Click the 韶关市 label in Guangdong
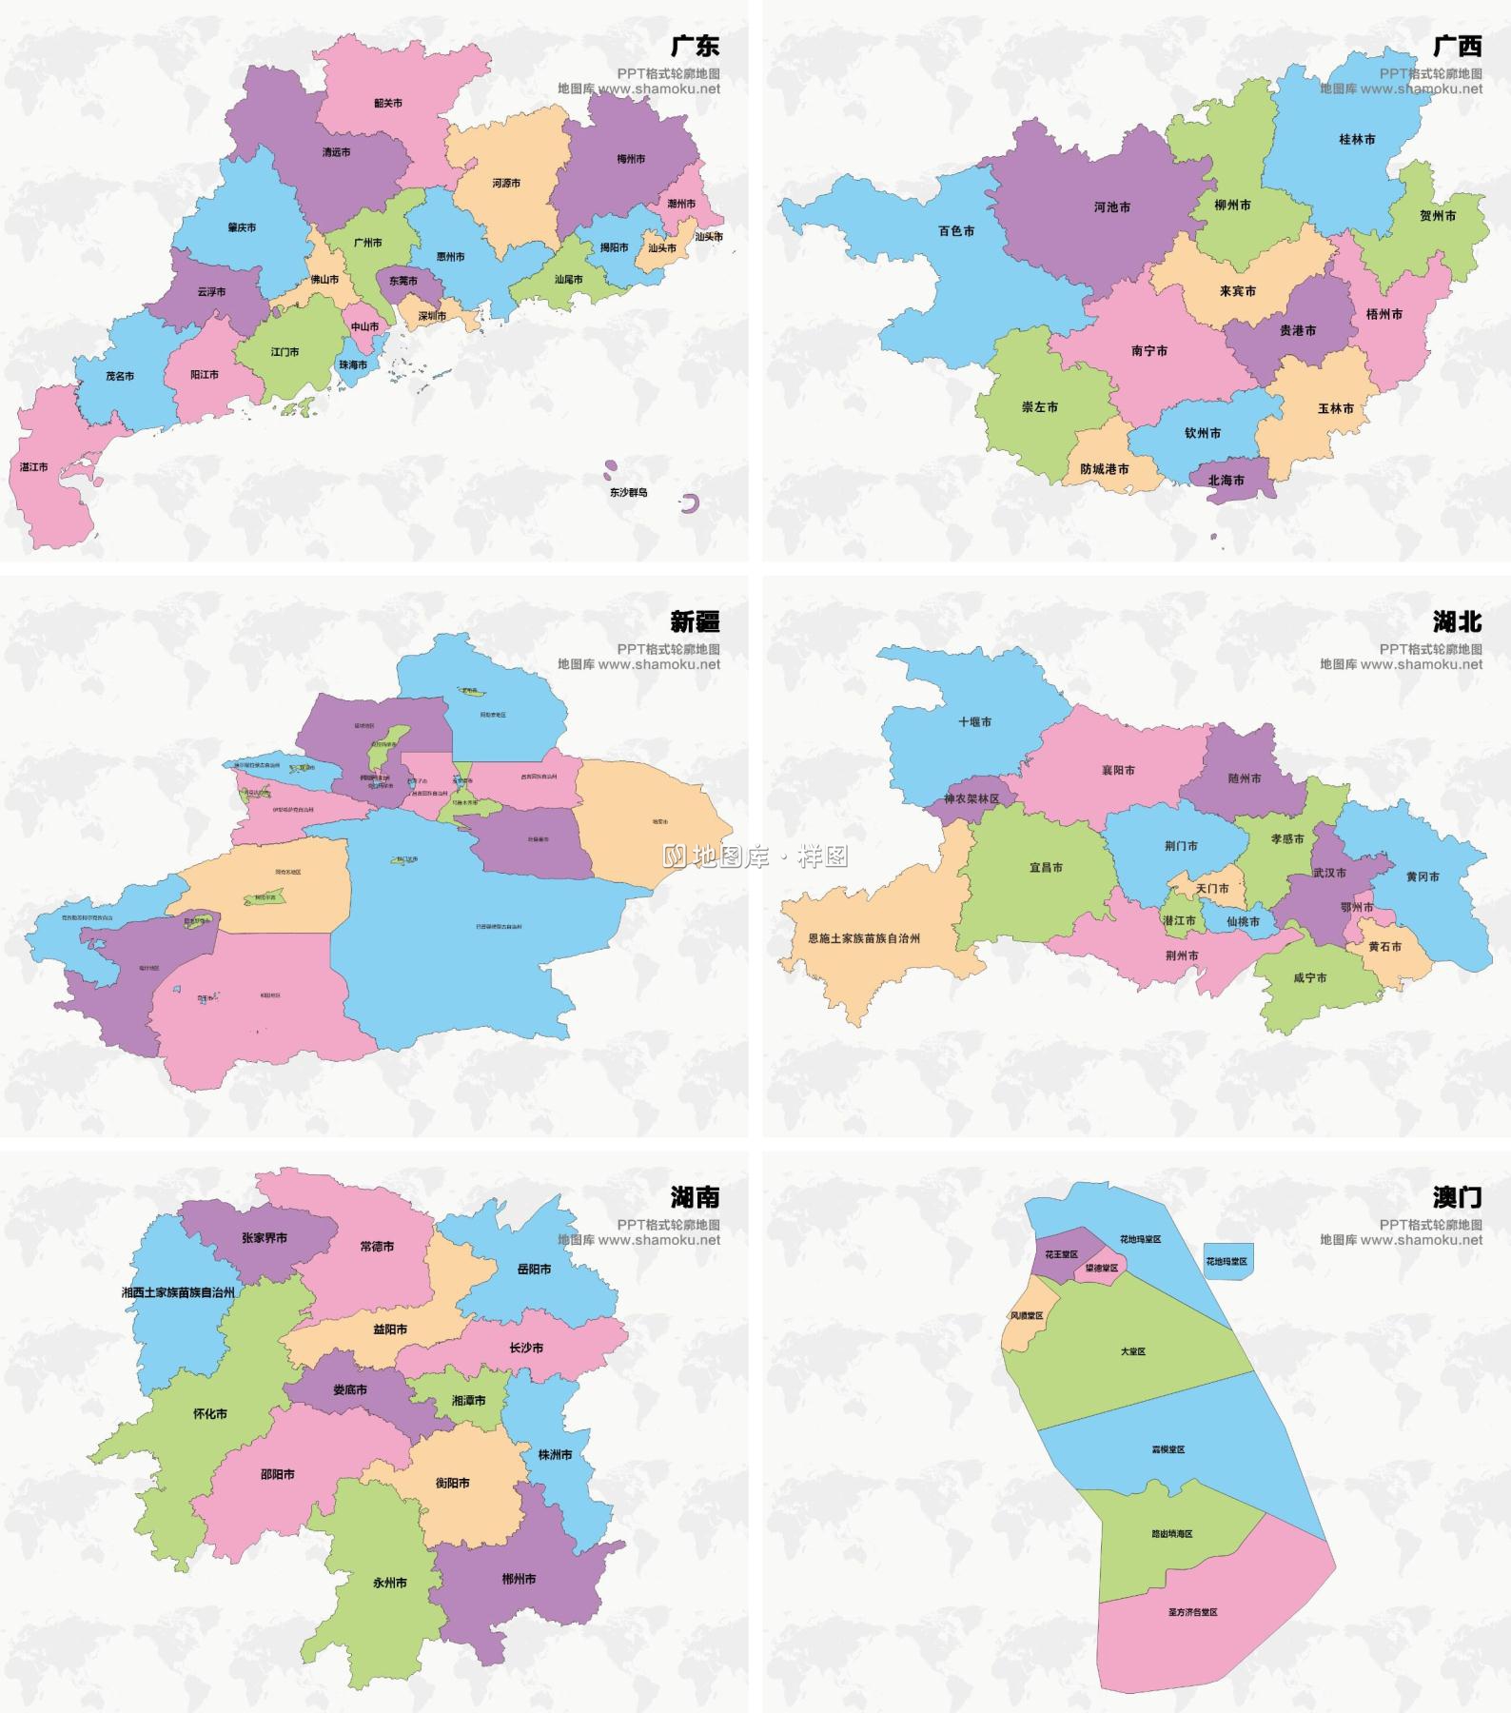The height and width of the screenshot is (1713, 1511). tap(388, 103)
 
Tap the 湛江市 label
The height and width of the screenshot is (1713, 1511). tap(34, 467)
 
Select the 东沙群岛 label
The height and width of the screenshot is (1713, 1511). tap(629, 492)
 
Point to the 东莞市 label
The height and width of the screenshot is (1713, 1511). tap(403, 281)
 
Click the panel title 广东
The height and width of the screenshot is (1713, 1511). tap(695, 46)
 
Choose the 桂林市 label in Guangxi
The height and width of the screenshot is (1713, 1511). tap(1357, 139)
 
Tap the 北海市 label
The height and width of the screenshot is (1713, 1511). tap(1226, 480)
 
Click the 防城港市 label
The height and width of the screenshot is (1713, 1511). tap(1105, 468)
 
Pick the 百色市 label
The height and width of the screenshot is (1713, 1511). tap(956, 230)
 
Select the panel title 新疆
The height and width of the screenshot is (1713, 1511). tap(695, 621)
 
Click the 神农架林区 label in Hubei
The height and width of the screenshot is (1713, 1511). tap(971, 798)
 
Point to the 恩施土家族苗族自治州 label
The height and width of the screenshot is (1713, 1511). tap(864, 937)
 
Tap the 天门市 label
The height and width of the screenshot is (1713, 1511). tap(1212, 888)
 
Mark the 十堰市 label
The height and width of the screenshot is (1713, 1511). tap(975, 721)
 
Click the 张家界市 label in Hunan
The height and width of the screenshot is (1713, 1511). tap(265, 1238)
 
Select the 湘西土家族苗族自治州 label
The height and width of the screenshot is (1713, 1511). tap(178, 1292)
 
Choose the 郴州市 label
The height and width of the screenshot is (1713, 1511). tap(519, 1578)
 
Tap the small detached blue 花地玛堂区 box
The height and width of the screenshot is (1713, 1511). tap(1227, 1261)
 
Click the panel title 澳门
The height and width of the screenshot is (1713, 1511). tap(1457, 1197)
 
